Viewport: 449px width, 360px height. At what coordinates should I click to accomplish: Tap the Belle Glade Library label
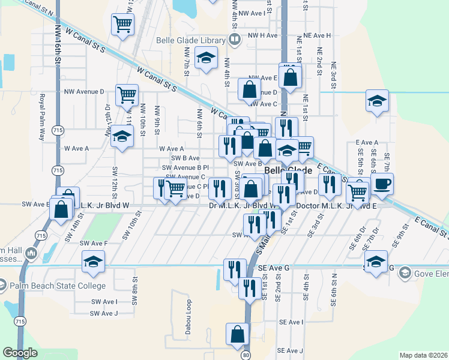[186, 40]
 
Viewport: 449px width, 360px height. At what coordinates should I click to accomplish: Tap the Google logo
[20, 353]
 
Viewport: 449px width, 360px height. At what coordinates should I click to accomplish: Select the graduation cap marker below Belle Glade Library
[206, 58]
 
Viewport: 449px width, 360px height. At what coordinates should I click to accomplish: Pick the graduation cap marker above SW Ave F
[94, 261]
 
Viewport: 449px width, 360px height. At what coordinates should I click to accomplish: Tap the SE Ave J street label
[290, 350]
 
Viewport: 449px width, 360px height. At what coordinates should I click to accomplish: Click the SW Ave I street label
[104, 302]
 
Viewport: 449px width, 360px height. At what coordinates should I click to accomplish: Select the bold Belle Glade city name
[288, 170]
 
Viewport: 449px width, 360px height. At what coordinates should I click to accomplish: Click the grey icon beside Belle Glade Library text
[234, 40]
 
